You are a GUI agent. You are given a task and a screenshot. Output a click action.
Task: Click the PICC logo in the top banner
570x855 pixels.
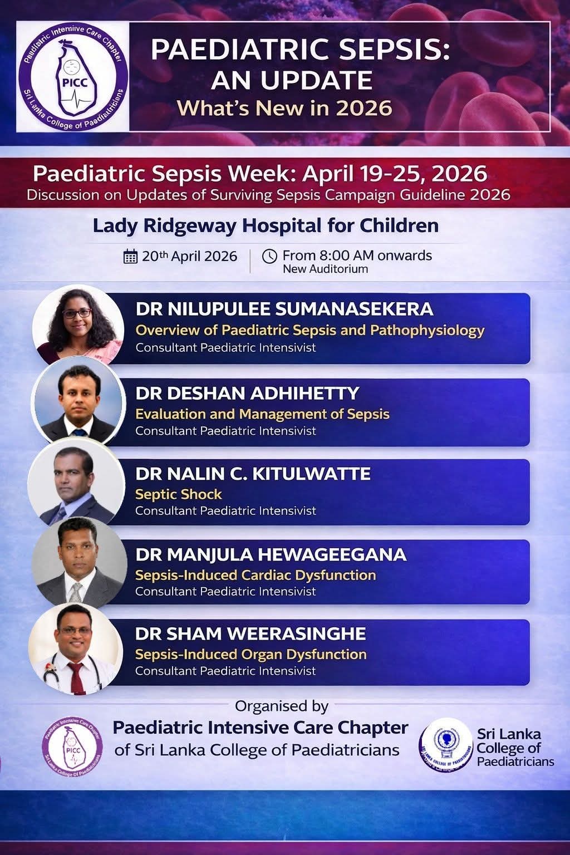[72, 76]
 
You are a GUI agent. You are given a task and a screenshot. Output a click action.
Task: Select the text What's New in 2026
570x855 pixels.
[284, 108]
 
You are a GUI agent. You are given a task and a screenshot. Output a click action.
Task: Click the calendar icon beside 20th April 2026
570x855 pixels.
[130, 256]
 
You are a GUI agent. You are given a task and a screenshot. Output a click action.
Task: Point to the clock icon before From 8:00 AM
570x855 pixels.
[269, 256]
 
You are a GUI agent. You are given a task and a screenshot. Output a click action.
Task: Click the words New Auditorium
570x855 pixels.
[325, 269]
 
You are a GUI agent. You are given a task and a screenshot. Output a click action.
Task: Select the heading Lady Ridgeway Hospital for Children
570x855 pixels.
[266, 226]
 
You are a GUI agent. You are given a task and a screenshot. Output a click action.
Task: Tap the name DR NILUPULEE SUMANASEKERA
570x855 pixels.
[284, 309]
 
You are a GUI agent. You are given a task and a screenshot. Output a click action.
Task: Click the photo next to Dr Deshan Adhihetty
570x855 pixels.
[78, 401]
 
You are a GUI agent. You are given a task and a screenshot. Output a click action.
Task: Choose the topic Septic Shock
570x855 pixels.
[178, 494]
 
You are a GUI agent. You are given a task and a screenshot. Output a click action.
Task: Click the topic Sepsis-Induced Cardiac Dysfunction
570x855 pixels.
[255, 575]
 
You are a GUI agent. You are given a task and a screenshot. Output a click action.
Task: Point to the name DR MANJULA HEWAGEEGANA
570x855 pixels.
[271, 554]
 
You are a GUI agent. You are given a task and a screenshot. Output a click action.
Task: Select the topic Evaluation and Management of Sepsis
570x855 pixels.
[262, 414]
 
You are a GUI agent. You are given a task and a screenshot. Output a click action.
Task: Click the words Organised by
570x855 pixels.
[282, 706]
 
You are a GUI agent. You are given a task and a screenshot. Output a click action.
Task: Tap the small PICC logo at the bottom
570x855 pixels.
[72, 746]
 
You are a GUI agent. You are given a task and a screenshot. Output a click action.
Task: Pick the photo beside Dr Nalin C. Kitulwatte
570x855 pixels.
[76, 481]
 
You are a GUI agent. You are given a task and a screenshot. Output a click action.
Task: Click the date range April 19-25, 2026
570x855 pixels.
[395, 174]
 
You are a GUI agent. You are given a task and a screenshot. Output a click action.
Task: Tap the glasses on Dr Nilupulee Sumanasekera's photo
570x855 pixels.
[77, 313]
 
